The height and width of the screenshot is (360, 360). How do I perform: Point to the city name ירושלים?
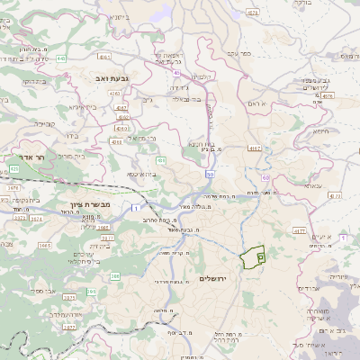click(214, 278)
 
